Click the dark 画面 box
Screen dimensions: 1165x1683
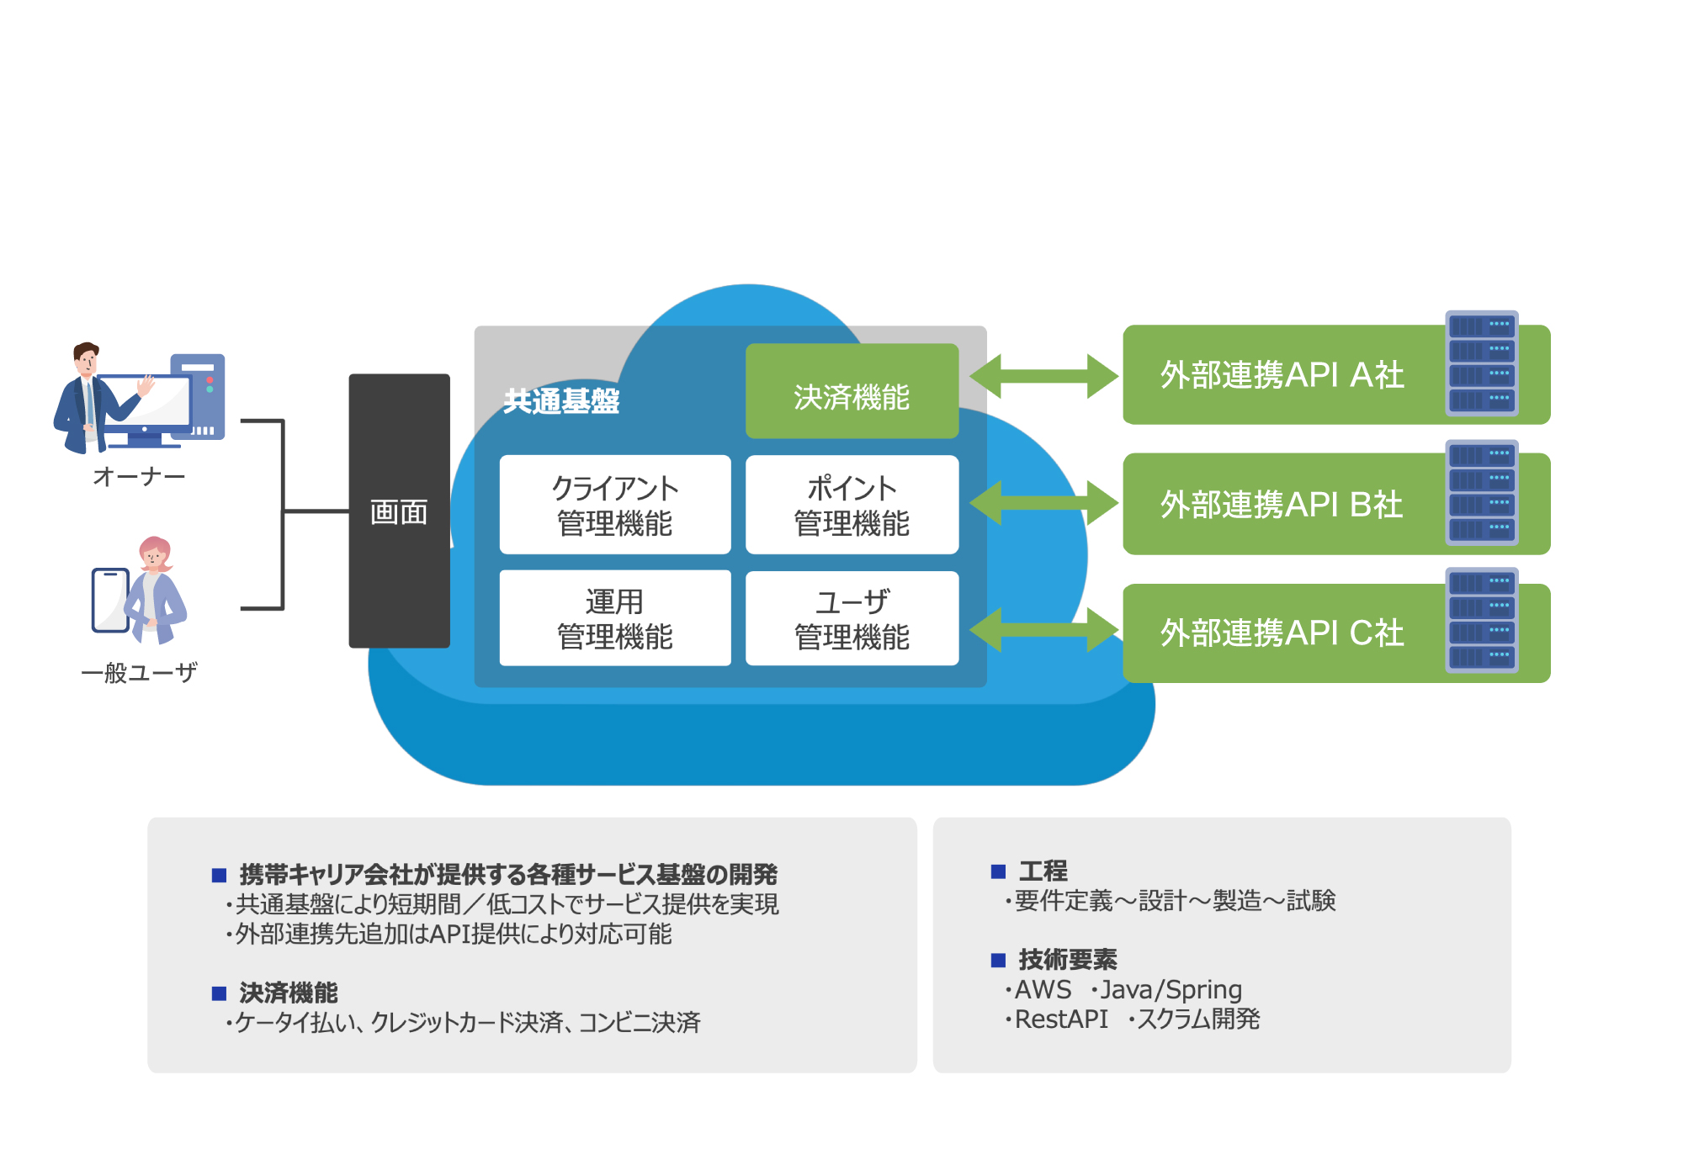pyautogui.click(x=399, y=511)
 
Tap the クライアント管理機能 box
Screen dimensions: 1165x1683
pyautogui.click(x=614, y=505)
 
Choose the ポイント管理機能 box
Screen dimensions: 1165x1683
pyautogui.click(x=852, y=505)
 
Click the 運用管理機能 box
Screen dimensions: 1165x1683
pyautogui.click(x=614, y=618)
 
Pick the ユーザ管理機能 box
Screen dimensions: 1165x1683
pyautogui.click(x=852, y=618)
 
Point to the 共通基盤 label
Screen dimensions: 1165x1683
pyautogui.click(x=561, y=401)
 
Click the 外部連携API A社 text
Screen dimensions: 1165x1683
pyautogui.click(x=1282, y=375)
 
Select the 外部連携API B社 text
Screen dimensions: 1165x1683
pyautogui.click(x=1282, y=505)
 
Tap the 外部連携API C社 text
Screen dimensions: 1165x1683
pyautogui.click(x=1282, y=633)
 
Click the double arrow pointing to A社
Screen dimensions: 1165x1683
pyautogui.click(x=1043, y=376)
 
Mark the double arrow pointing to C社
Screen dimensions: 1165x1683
pyautogui.click(x=1043, y=630)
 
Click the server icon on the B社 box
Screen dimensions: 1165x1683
pyautogui.click(x=1482, y=493)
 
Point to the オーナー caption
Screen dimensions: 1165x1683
pyautogui.click(x=139, y=477)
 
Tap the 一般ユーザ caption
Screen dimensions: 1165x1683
pyautogui.click(x=139, y=673)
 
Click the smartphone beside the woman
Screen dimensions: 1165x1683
pyautogui.click(x=110, y=600)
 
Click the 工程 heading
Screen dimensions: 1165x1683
pyautogui.click(x=1043, y=871)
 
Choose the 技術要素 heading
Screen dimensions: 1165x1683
pyautogui.click(x=1067, y=960)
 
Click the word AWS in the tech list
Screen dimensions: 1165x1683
pyautogui.click(x=1043, y=990)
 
